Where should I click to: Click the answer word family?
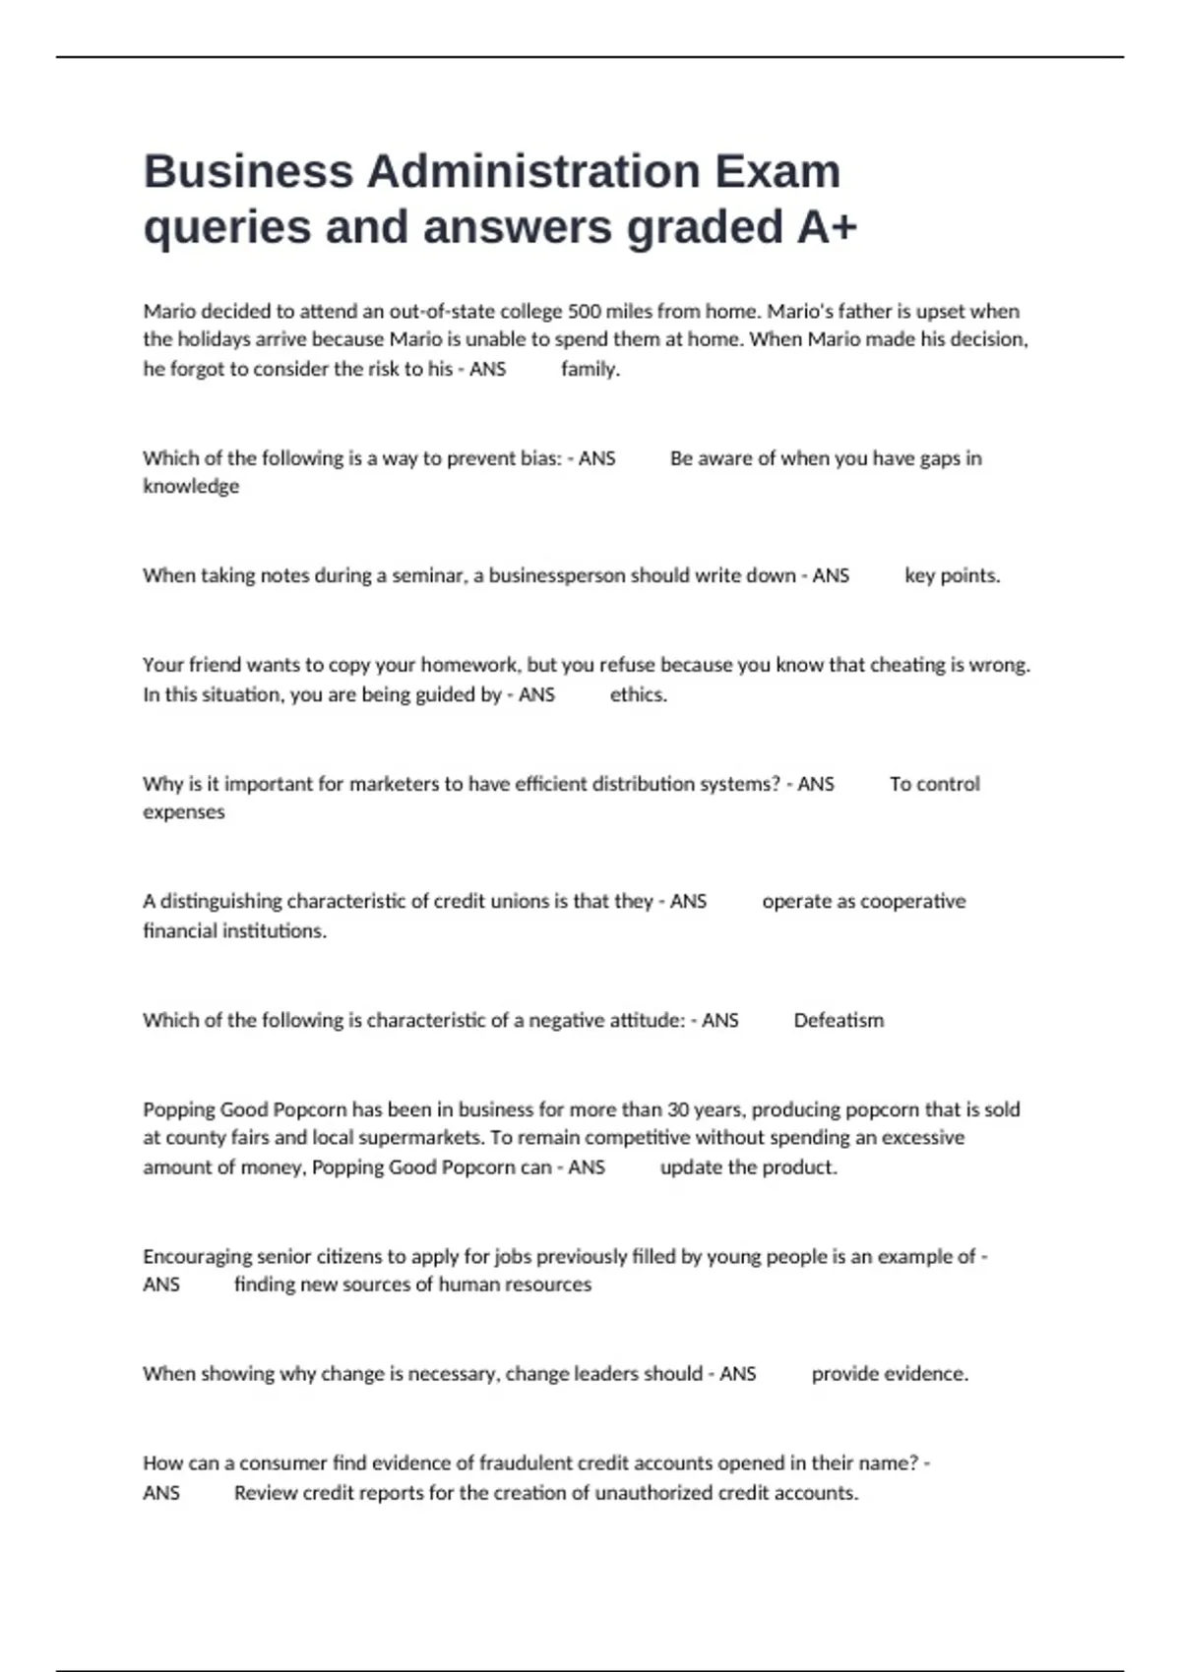(590, 369)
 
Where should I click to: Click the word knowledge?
(191, 486)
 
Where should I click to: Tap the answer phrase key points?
(952, 575)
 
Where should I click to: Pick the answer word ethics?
(638, 694)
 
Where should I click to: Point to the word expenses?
(184, 811)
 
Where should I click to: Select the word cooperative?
(913, 901)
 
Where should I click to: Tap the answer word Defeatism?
(839, 1020)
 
